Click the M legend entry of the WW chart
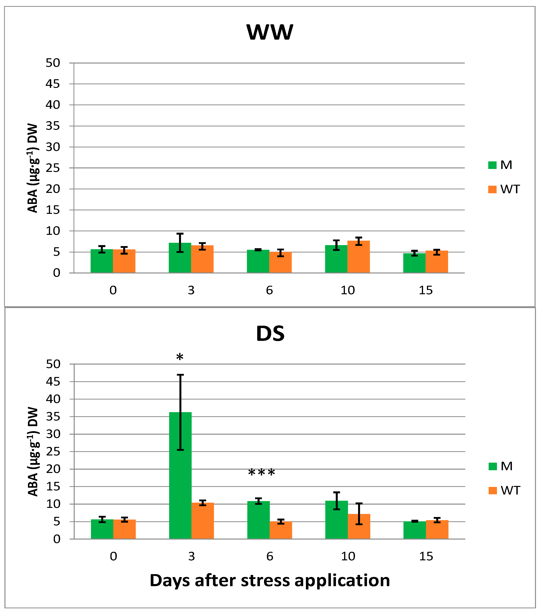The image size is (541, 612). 500,165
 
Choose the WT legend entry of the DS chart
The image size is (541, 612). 504,490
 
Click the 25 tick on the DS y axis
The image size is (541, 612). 53,452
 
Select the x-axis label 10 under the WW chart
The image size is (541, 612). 347,290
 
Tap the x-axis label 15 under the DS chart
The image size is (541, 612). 426,556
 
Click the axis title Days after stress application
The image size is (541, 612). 270,580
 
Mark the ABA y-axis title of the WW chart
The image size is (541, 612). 33,168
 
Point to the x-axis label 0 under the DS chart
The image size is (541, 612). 113,556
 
